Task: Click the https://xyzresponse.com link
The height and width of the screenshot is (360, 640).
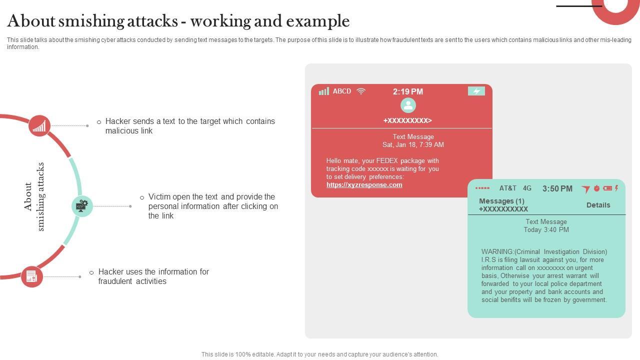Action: point(364,185)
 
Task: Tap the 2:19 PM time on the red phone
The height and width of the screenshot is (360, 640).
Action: point(407,91)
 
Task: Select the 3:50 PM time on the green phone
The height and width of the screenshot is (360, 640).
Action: point(557,188)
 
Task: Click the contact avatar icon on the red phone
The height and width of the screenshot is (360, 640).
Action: point(408,105)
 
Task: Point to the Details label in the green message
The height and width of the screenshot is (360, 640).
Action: point(598,205)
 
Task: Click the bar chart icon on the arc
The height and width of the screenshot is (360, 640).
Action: point(39,125)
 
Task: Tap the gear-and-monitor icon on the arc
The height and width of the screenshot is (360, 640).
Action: point(82,206)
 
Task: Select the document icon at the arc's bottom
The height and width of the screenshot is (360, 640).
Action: point(31,276)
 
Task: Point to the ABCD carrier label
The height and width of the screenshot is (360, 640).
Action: point(342,91)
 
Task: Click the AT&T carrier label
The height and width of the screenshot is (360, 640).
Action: point(507,188)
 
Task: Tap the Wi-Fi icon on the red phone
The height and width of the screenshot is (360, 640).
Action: point(361,91)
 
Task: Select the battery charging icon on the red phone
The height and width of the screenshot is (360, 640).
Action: point(476,91)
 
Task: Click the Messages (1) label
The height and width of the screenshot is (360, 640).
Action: point(501,201)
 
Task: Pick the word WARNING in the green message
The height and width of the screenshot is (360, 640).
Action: point(497,252)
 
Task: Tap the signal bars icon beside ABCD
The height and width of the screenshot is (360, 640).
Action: point(324,91)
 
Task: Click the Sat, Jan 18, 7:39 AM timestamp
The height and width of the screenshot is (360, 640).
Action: point(413,145)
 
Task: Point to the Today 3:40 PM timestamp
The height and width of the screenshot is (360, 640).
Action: point(546,230)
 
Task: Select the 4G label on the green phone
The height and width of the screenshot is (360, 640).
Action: point(527,188)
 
